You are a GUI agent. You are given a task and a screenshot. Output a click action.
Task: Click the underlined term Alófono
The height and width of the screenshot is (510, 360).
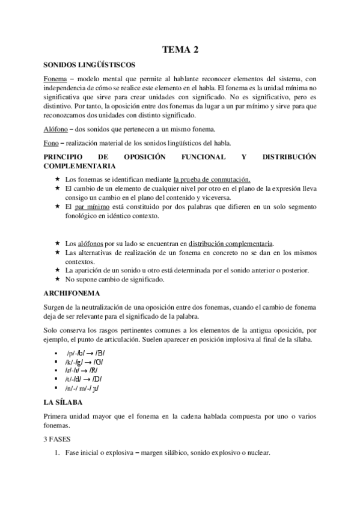click(x=56, y=129)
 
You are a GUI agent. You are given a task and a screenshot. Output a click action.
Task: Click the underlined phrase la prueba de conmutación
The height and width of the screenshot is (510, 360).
click(x=212, y=179)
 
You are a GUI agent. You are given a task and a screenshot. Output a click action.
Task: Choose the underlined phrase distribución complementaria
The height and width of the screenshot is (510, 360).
click(x=230, y=244)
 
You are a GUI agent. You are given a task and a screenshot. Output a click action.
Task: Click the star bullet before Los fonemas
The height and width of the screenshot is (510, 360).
click(x=57, y=179)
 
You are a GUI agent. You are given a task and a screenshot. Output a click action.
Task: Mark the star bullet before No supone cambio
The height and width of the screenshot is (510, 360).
click(x=57, y=279)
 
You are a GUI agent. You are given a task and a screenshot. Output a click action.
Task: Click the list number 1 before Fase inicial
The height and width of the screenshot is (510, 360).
click(x=57, y=452)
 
